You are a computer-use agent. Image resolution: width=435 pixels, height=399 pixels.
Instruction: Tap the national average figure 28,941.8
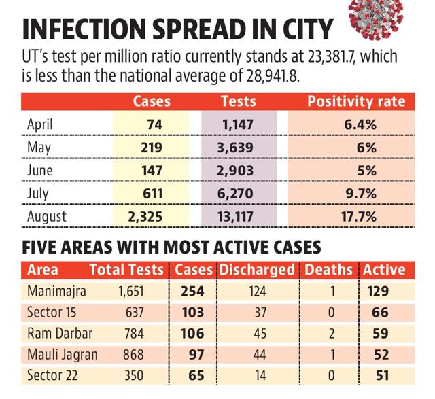click(x=273, y=75)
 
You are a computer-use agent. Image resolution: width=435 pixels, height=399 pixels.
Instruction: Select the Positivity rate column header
click(x=356, y=101)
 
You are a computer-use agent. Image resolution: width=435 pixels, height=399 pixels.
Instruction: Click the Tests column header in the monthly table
click(x=239, y=101)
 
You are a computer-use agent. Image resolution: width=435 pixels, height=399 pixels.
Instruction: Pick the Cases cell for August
click(x=145, y=217)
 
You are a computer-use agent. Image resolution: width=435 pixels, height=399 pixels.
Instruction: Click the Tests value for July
click(x=235, y=194)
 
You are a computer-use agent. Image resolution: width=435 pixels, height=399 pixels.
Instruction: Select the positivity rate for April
click(x=360, y=125)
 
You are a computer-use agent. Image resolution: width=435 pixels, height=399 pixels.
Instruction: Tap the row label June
click(x=39, y=170)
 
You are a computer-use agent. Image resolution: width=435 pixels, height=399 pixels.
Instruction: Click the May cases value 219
click(x=152, y=148)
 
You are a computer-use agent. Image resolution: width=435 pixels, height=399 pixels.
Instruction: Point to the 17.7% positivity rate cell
click(x=359, y=217)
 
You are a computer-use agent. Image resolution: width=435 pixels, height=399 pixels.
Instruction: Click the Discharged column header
click(x=257, y=270)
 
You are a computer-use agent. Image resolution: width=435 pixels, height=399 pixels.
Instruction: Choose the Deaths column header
click(x=329, y=270)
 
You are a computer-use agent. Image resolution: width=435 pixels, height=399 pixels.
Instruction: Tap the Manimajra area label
click(x=56, y=292)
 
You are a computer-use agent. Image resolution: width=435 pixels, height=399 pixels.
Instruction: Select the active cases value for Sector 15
click(x=380, y=313)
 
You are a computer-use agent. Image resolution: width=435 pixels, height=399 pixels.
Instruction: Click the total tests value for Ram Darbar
click(x=135, y=334)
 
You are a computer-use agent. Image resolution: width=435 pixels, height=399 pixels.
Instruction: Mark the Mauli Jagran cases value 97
click(x=196, y=355)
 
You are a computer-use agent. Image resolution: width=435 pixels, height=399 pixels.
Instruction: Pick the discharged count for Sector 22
click(x=260, y=376)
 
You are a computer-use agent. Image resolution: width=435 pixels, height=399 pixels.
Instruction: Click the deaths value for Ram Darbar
click(x=332, y=334)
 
